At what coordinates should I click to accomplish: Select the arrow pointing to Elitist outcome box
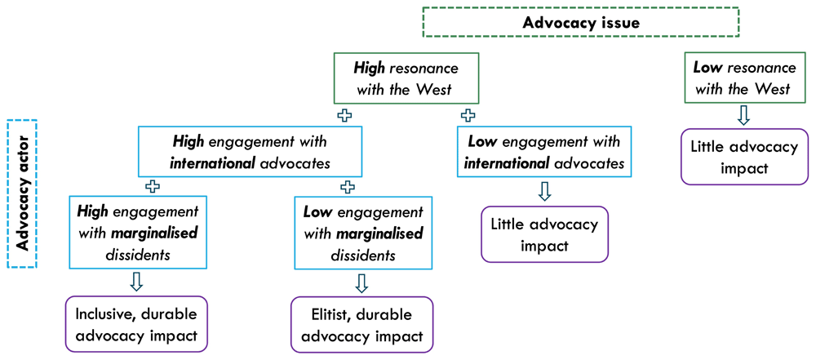(x=362, y=282)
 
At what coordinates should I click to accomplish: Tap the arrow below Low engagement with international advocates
(x=543, y=191)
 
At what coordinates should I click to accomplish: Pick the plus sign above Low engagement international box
(x=468, y=116)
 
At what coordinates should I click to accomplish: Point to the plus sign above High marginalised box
(x=152, y=187)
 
